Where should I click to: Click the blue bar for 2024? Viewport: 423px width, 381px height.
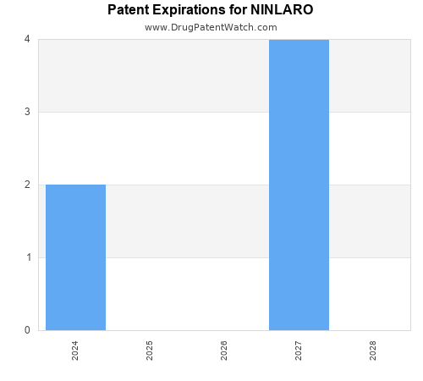[75, 257]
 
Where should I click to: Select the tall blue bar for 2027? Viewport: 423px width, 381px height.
[299, 185]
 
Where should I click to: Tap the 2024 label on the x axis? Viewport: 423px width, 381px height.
[75, 351]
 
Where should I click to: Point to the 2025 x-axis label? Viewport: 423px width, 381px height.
[150, 351]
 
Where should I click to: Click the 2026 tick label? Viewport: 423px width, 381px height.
[224, 351]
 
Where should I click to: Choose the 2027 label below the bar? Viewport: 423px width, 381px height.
[299, 351]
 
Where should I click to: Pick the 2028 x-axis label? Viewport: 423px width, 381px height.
[373, 351]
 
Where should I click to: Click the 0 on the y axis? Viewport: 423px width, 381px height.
[27, 330]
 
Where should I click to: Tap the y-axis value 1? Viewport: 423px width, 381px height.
[27, 257]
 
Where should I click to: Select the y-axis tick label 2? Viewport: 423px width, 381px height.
[27, 185]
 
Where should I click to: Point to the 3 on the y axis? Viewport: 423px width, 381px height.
[27, 112]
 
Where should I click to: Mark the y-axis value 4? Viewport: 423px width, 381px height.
[27, 39]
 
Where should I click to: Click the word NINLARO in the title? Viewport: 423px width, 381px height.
[282, 11]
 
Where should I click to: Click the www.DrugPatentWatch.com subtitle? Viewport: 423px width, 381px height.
[211, 27]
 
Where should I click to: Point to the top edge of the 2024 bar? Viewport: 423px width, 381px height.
[75, 185]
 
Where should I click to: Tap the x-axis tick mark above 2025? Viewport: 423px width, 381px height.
[150, 334]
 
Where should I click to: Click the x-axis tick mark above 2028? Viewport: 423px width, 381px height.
[373, 334]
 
